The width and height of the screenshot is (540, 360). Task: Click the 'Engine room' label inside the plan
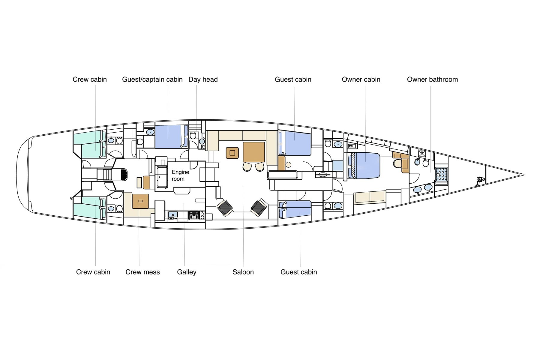(180, 175)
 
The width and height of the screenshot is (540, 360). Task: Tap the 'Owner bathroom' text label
(432, 79)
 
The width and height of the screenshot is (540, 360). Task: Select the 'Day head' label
(203, 79)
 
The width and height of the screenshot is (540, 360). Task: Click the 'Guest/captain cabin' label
(152, 79)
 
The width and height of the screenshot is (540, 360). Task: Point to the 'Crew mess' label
(142, 272)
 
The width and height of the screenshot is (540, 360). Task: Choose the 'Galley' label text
(187, 272)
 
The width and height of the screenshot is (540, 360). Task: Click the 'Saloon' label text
(243, 272)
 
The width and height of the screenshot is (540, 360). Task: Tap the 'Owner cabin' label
(361, 79)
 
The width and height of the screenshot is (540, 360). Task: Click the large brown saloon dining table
(254, 152)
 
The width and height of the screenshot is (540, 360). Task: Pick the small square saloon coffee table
(232, 153)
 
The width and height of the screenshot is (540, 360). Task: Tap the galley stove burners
(194, 215)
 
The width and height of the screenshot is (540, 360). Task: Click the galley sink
(173, 215)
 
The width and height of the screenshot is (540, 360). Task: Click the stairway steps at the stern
(107, 175)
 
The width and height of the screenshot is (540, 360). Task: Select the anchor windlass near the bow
(479, 181)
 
